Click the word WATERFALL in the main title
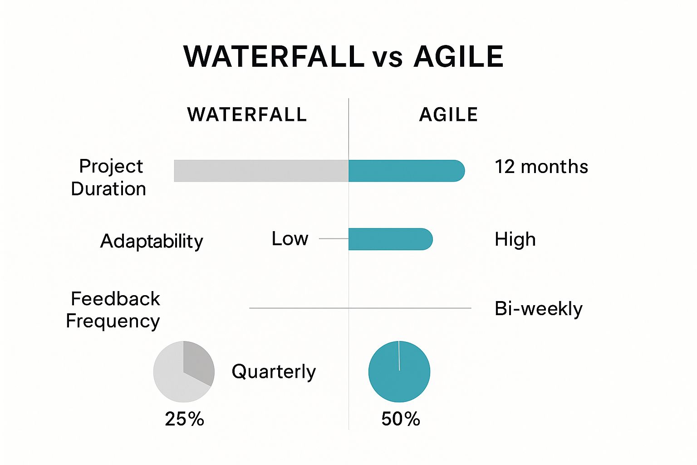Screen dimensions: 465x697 tap(274, 57)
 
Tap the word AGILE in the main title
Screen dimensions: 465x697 tap(458, 57)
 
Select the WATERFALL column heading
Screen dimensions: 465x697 tap(247, 114)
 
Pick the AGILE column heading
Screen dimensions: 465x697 tap(448, 114)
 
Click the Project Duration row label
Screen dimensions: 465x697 tap(109, 178)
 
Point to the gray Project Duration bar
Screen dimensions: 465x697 tap(261, 171)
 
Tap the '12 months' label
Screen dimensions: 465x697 tap(541, 167)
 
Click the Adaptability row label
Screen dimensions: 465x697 tap(152, 241)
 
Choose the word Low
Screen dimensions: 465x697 tap(290, 239)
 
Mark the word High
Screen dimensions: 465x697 tap(515, 239)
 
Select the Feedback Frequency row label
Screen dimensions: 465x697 tap(113, 310)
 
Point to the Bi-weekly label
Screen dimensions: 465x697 tap(538, 309)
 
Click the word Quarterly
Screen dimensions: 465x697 tap(274, 371)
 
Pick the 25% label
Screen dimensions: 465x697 tap(184, 419)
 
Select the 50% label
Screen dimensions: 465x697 tap(401, 419)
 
